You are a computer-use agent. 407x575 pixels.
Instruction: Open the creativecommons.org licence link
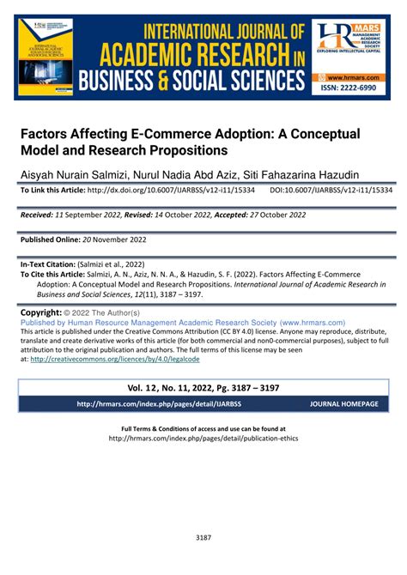tap(140, 359)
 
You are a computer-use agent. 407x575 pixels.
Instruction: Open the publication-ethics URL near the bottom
tap(203, 438)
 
